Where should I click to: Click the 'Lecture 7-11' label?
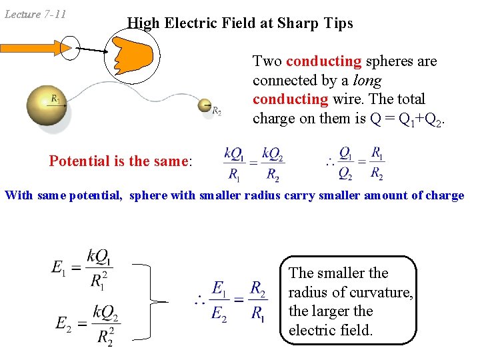point(35,14)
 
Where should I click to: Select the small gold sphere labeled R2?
point(205,105)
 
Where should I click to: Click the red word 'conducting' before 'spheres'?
point(323,61)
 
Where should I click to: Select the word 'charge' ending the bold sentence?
point(444,195)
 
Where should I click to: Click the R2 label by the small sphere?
point(217,111)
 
